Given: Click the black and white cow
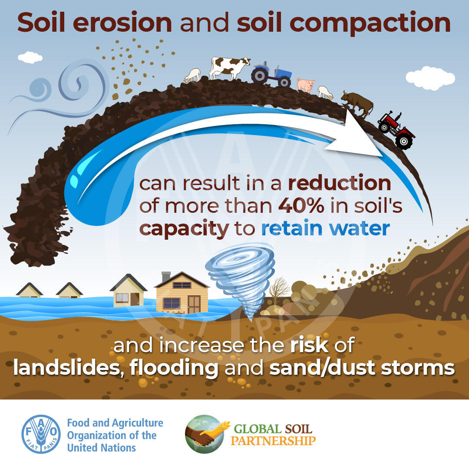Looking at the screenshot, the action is (229, 68).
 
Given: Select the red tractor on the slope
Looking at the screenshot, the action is (396, 130).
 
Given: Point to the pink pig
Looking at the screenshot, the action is (306, 85).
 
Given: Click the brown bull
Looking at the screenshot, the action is (357, 104).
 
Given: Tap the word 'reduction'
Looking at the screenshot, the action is (340, 183).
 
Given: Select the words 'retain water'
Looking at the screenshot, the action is (325, 228).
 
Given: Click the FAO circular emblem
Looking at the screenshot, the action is (41, 434).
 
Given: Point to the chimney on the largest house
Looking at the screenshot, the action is (166, 277).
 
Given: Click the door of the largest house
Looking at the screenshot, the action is (194, 304).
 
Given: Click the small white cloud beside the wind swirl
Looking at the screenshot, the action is (30, 57).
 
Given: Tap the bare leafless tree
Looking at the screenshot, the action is (279, 289).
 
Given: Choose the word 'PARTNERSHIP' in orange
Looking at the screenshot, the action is (273, 441).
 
